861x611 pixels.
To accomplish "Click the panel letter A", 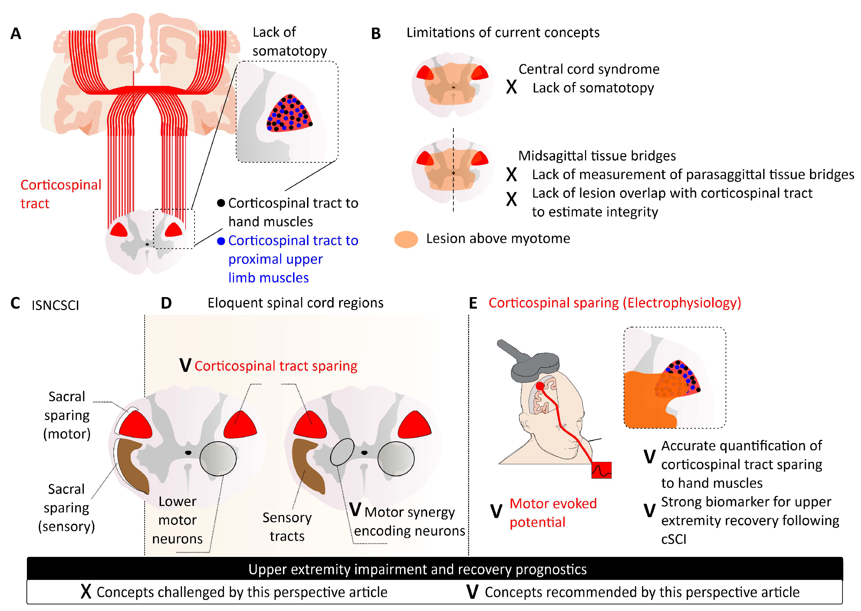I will [x=15, y=34].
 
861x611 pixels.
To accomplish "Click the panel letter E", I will [x=473, y=303].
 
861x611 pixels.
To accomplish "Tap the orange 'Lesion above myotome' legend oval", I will [x=406, y=239].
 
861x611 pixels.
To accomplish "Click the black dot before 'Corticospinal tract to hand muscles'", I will [x=221, y=203].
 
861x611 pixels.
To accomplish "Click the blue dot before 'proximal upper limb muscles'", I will [x=221, y=241].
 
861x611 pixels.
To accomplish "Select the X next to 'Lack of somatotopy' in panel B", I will [x=511, y=87].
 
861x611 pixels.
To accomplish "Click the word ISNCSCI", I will [x=55, y=305].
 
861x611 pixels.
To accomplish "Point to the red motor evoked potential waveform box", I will [x=601, y=470].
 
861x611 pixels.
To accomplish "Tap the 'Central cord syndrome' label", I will [x=589, y=69].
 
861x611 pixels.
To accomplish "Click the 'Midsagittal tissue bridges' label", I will [x=597, y=156].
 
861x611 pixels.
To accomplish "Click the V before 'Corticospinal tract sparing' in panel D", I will [x=185, y=366].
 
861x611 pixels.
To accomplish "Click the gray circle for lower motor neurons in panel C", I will [x=218, y=459].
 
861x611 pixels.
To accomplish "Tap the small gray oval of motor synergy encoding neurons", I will [x=342, y=452].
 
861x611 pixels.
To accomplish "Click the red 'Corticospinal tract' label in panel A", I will [x=60, y=194].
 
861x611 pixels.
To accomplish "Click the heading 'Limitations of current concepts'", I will [x=503, y=33].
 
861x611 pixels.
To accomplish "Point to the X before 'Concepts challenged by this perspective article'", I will [x=86, y=592].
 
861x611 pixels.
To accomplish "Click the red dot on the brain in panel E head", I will [x=540, y=386].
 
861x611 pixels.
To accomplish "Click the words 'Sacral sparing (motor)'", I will [x=67, y=415].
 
